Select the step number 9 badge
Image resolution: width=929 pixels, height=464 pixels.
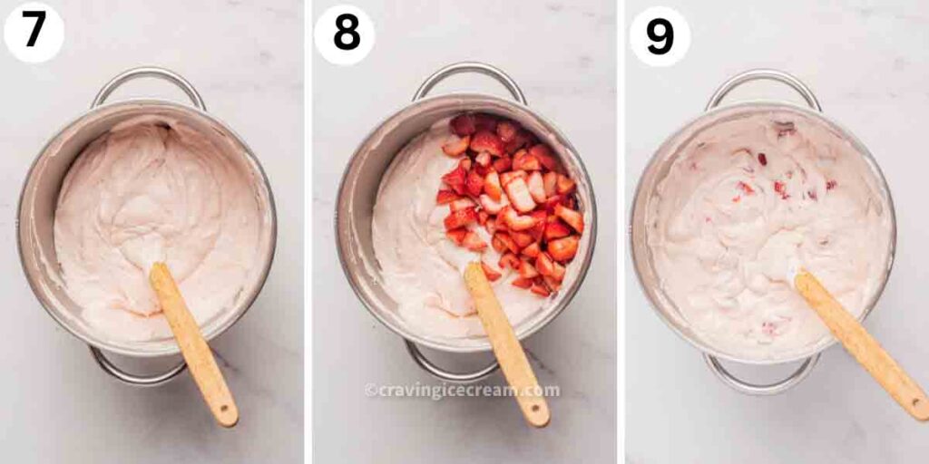click(x=660, y=36)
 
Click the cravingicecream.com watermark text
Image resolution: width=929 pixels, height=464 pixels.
click(x=462, y=391)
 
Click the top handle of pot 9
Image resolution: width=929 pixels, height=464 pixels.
click(x=763, y=77)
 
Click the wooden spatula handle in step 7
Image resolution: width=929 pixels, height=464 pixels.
click(x=193, y=344)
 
